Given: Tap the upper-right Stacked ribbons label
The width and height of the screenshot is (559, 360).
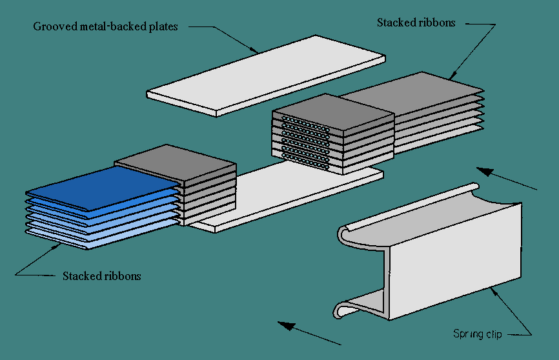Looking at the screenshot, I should point(416,23).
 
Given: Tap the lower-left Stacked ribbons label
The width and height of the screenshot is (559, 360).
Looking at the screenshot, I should point(101,276).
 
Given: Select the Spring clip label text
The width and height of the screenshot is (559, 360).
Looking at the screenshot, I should point(478,334).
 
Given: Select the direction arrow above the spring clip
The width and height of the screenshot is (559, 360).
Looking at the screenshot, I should point(507,179).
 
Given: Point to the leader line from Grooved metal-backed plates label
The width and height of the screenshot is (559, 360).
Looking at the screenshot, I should point(226,39).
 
